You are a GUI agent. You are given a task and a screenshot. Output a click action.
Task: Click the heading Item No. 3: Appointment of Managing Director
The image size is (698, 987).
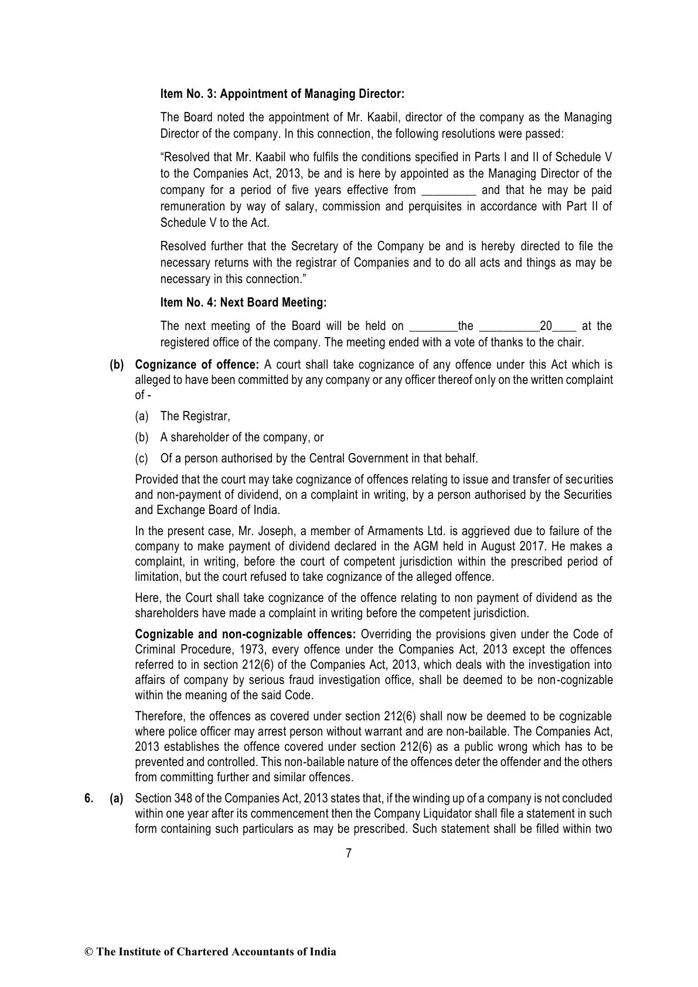pos(282,94)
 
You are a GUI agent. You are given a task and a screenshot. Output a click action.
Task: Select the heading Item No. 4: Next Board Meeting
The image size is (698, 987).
pos(243,303)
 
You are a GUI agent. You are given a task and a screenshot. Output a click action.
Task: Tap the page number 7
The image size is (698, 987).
pos(349,853)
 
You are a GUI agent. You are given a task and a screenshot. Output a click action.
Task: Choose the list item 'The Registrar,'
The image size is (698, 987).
pos(195,416)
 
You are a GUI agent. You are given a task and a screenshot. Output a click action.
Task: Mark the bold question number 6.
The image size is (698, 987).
pos(88,798)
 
